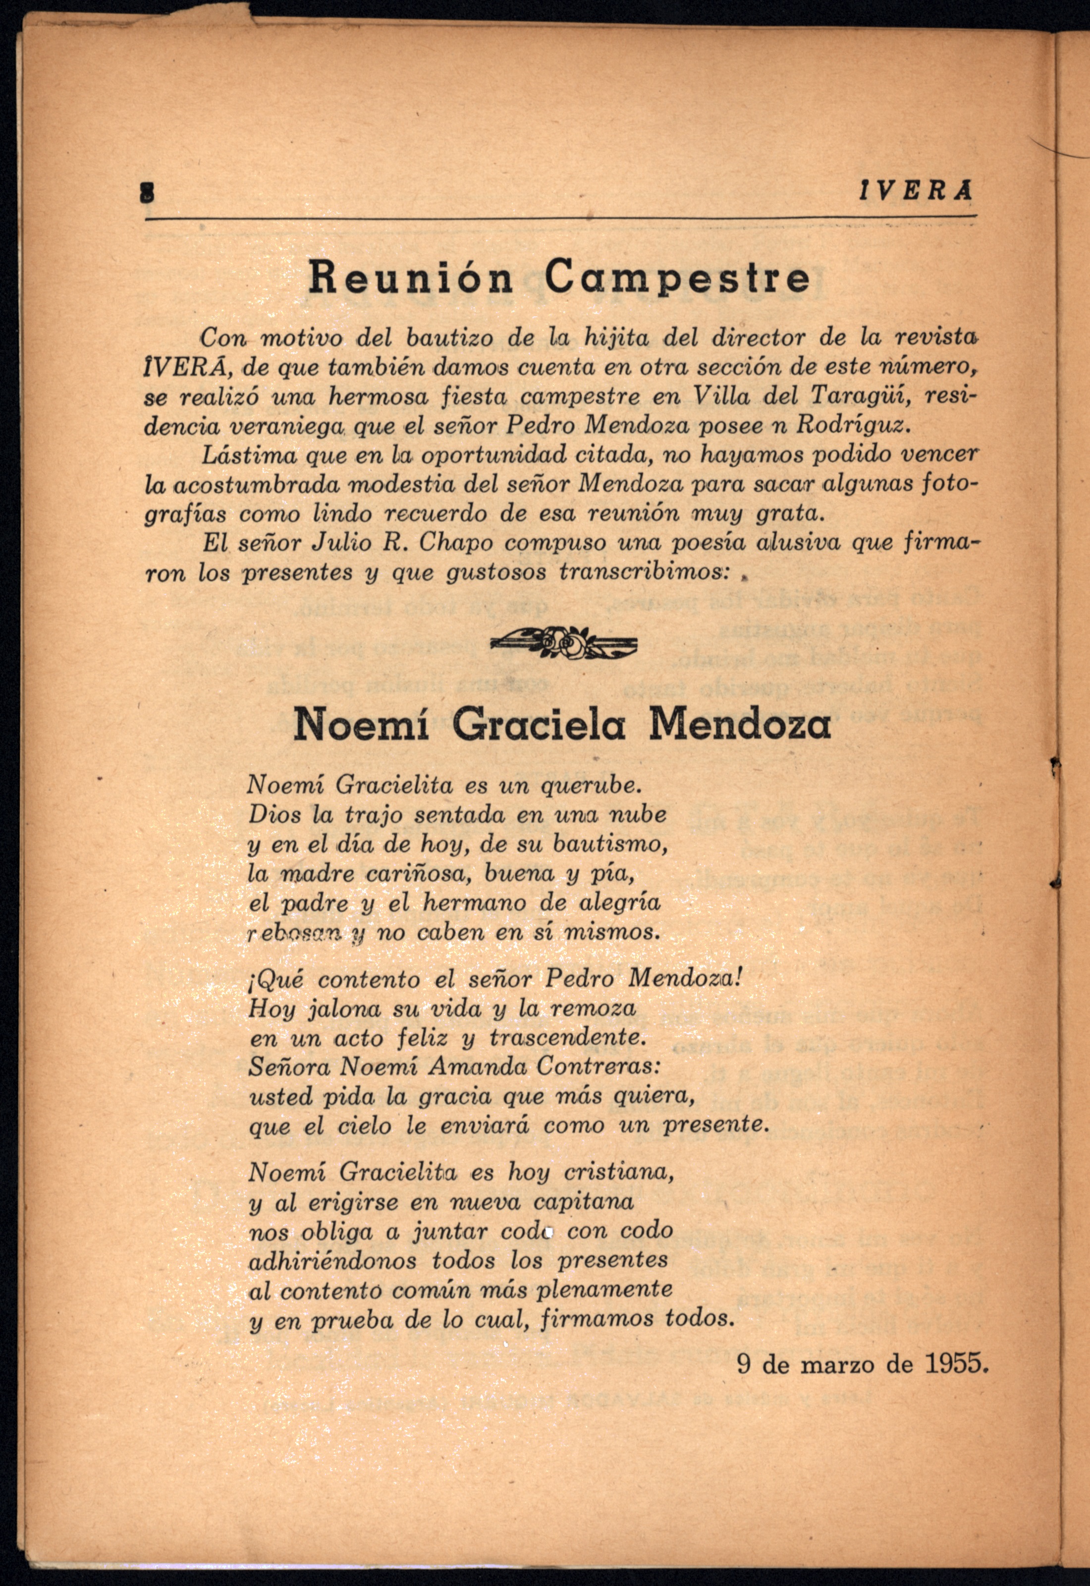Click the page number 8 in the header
coord(146,193)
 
